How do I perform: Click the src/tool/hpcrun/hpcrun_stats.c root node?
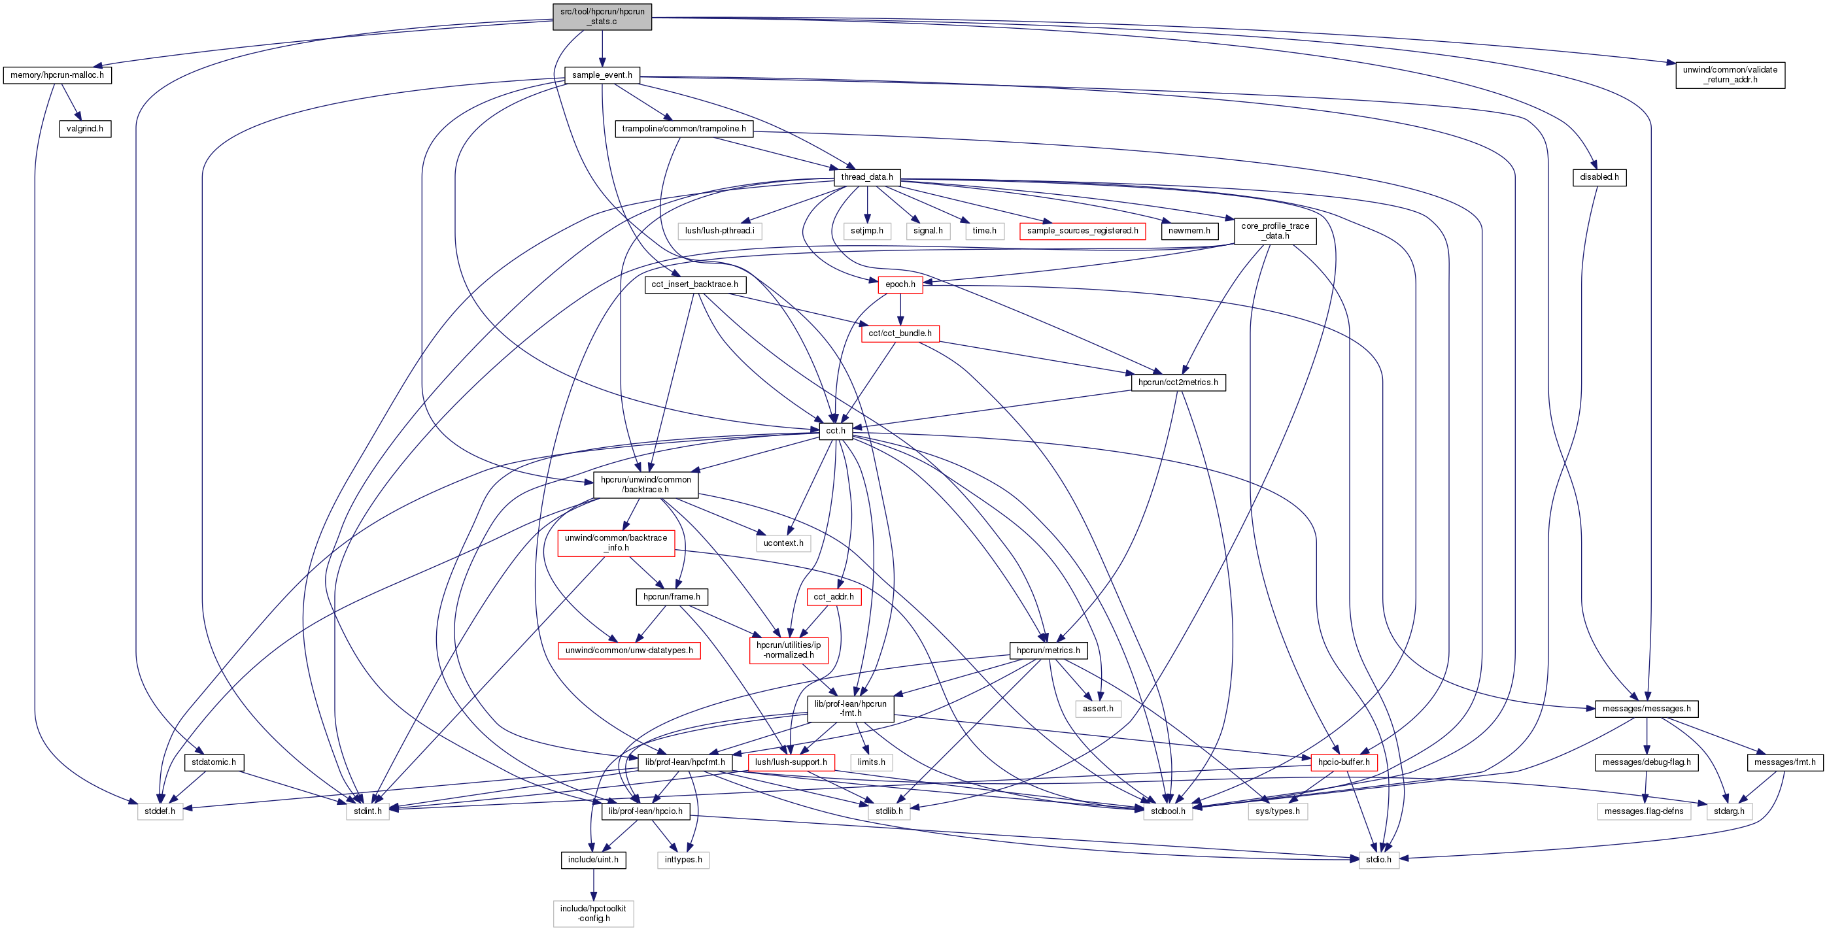click(x=602, y=16)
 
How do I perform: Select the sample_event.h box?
click(x=602, y=75)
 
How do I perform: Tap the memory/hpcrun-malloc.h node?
click(x=57, y=75)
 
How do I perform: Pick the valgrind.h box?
click(x=84, y=129)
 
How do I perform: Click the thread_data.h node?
click(x=866, y=177)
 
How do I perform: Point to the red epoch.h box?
click(x=899, y=284)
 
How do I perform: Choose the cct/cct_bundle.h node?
click(x=899, y=333)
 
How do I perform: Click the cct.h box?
click(x=835, y=431)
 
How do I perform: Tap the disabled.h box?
click(x=1599, y=177)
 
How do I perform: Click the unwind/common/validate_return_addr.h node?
click(x=1729, y=75)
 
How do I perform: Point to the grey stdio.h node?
click(x=1378, y=859)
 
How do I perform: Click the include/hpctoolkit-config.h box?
click(x=593, y=913)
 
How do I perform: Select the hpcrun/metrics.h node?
click(x=1048, y=651)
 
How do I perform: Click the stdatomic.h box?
click(x=213, y=762)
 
